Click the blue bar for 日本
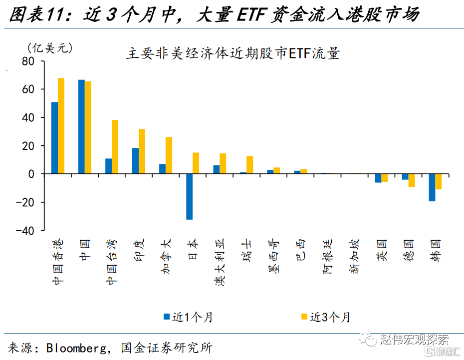click(189, 197)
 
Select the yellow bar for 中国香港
click(61, 126)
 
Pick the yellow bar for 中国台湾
click(115, 147)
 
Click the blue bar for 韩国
click(432, 187)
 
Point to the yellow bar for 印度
click(142, 151)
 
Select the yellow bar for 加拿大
click(169, 155)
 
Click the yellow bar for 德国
click(412, 180)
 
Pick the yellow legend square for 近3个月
click(304, 316)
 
